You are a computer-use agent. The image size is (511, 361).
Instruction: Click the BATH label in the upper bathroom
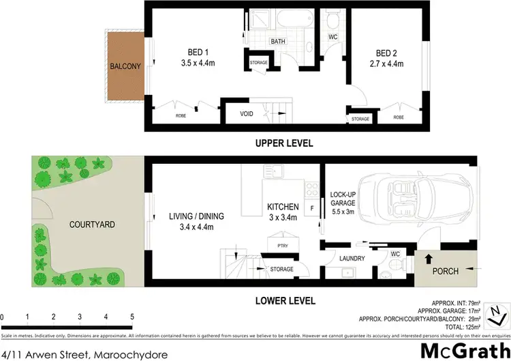(278, 42)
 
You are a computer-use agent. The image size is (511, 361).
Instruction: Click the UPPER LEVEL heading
(283, 143)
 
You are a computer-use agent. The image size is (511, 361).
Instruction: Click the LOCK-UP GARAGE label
(344, 199)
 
